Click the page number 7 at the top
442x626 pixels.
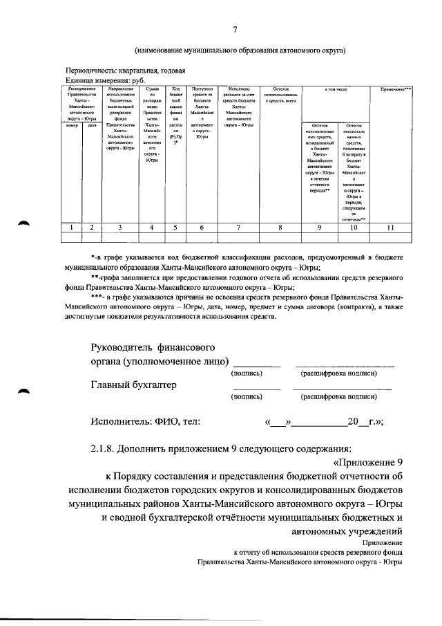[x=235, y=28]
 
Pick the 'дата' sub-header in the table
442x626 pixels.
[x=91, y=125]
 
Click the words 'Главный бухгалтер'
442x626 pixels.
[x=134, y=385]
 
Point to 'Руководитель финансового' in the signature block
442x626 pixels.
[x=153, y=347]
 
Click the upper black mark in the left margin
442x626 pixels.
[x=25, y=222]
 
